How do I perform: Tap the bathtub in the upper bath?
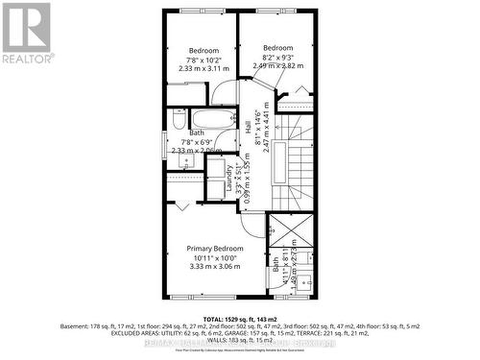(209, 120)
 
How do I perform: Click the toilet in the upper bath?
(179, 120)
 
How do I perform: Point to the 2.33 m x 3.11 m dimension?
(204, 69)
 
